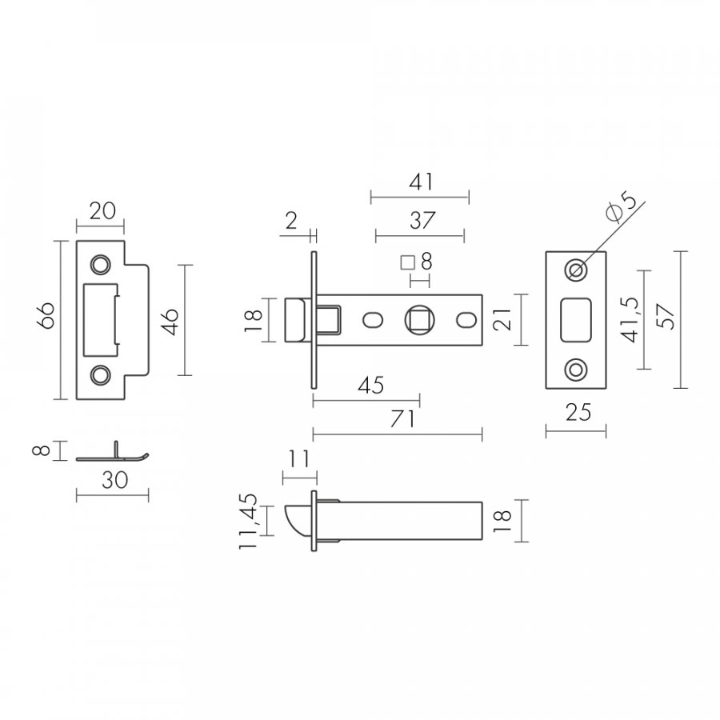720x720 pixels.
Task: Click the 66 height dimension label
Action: click(47, 315)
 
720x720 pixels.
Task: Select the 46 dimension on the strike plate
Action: click(170, 322)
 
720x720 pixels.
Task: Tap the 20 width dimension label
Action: click(102, 211)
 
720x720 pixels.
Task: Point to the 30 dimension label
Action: click(114, 480)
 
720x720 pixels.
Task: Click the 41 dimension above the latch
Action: click(421, 182)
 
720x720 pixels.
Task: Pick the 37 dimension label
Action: click(422, 221)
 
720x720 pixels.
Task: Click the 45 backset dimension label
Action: click(371, 386)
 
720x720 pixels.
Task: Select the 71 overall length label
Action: click(402, 418)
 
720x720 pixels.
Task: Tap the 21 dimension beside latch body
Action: click(502, 319)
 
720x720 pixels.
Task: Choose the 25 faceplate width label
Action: click(578, 412)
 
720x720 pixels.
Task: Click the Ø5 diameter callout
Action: click(622, 206)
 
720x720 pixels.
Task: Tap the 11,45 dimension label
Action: click(247, 521)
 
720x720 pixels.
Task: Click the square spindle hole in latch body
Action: click(420, 319)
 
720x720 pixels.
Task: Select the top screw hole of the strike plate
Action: click(100, 265)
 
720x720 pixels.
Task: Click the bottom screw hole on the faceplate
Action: click(576, 369)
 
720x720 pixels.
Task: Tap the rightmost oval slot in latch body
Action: click(466, 320)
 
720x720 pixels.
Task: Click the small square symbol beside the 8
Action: click(408, 262)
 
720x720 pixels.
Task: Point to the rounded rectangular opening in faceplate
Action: click(576, 320)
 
